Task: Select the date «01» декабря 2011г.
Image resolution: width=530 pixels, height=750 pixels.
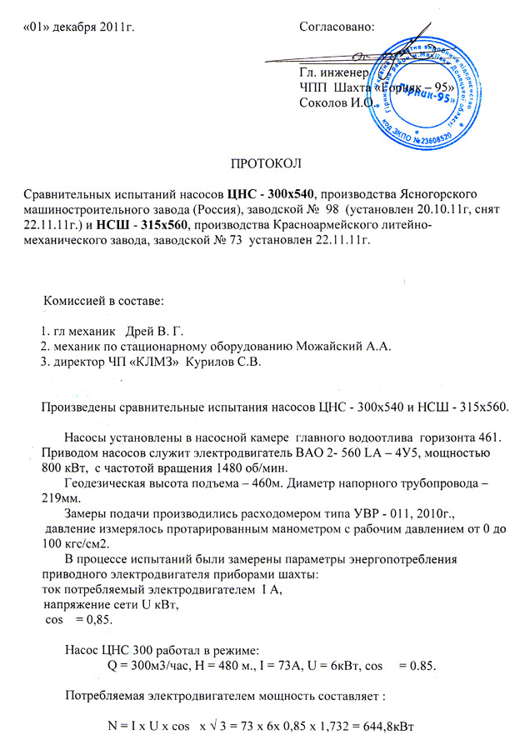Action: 80,27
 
